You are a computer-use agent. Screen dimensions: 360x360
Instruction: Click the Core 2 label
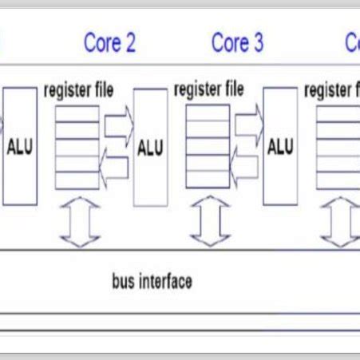tap(109, 43)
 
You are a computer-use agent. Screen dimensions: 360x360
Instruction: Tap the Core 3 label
tap(237, 43)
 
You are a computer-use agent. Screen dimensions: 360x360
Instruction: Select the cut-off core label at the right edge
tap(352, 43)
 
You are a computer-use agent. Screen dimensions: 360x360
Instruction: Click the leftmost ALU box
tap(19, 148)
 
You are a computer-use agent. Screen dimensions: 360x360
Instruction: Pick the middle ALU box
tap(150, 148)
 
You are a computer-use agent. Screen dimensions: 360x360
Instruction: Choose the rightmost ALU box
tap(280, 148)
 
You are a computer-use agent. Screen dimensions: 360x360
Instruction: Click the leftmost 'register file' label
tap(78, 89)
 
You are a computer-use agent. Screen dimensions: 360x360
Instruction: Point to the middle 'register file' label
tap(209, 89)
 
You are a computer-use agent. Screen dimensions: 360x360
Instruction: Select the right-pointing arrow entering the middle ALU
tap(118, 125)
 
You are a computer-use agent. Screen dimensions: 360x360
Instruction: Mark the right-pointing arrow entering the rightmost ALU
tap(247, 125)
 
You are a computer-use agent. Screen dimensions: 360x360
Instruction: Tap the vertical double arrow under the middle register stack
tap(209, 221)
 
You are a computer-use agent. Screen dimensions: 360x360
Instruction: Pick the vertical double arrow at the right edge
tap(338, 221)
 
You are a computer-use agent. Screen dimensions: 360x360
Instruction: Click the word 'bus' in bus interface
tap(124, 282)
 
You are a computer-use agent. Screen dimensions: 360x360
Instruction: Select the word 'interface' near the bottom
tap(165, 282)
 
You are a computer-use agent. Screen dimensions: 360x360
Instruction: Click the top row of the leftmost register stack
tap(78, 113)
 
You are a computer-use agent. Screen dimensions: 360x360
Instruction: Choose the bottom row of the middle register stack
tap(208, 180)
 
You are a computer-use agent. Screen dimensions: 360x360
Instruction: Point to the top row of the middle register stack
tap(208, 113)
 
